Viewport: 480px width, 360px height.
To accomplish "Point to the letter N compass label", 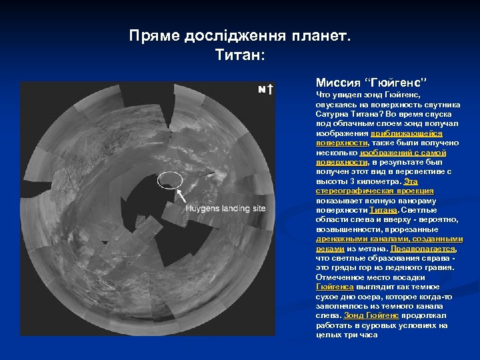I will pyautogui.click(x=262, y=90).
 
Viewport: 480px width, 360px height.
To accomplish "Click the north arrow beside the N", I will pyautogui.click(x=269, y=90).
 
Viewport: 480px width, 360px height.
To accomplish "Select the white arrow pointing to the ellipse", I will pyautogui.click(x=180, y=195).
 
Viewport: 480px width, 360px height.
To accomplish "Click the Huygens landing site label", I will pyautogui.click(x=225, y=209).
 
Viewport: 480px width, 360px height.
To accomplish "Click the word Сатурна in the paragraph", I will pyautogui.click(x=332, y=115).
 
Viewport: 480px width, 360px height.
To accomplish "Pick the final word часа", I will pyautogui.click(x=367, y=335).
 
